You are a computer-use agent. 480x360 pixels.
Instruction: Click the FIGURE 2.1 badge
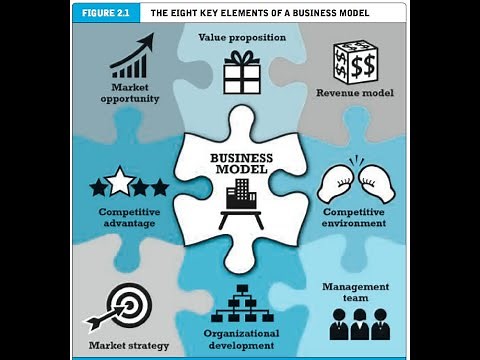click(105, 14)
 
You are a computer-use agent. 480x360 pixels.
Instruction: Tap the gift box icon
click(241, 72)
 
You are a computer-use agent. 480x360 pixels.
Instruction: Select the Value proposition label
click(242, 37)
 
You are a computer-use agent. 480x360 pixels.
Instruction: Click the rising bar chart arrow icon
click(131, 56)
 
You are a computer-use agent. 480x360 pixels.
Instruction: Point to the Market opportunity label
click(131, 94)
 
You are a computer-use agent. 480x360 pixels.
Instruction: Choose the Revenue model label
click(355, 93)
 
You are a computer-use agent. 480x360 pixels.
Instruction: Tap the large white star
click(121, 182)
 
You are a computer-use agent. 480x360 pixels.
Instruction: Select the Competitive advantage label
click(127, 217)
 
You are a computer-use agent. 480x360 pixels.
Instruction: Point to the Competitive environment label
click(355, 217)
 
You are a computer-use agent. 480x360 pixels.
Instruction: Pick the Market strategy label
click(128, 345)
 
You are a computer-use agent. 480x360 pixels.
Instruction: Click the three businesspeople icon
click(360, 323)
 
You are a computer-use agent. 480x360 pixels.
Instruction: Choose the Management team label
click(355, 292)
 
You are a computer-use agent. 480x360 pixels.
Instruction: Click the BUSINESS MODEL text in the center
click(241, 164)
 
